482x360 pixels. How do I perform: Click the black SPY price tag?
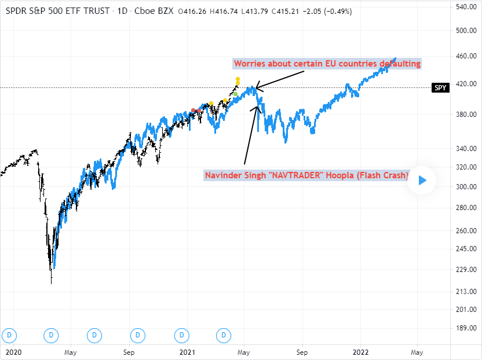[441, 88]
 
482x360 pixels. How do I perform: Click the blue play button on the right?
[422, 180]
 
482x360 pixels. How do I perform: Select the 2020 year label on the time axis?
[12, 351]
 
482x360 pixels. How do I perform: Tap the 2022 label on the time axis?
[361, 351]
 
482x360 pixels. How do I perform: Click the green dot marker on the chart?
[236, 94]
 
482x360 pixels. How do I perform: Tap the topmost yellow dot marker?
[238, 79]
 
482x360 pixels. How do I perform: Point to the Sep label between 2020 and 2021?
[129, 351]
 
